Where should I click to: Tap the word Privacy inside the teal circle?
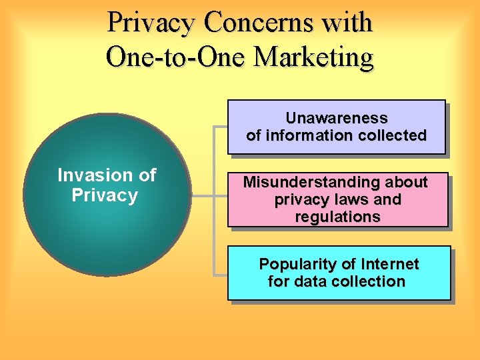coord(105,195)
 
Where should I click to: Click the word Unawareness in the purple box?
coord(336,118)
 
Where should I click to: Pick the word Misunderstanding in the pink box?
coord(309,182)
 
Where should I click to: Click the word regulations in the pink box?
coord(337,217)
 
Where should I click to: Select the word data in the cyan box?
coord(308,281)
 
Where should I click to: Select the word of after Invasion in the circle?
coord(147,175)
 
